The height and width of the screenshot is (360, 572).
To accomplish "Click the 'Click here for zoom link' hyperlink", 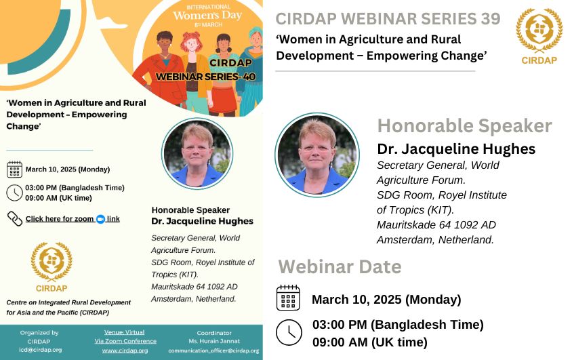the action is [73, 219].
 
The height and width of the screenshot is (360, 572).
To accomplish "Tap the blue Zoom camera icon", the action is [100, 219].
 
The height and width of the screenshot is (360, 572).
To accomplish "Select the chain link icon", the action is [15, 218].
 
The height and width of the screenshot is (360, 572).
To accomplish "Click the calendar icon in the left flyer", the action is [15, 169].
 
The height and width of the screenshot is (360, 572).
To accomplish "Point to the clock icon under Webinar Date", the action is [289, 332].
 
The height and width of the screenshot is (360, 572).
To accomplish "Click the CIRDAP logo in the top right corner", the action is [539, 37].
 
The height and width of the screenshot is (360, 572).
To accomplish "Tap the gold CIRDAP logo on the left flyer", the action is [52, 267].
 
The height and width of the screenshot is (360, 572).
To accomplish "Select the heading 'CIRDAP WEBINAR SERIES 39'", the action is [388, 19].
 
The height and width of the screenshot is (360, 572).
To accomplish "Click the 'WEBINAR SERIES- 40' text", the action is [206, 77].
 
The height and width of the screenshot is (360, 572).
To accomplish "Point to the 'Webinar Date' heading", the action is [340, 266].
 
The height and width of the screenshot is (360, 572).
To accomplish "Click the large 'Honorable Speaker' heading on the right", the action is [464, 126].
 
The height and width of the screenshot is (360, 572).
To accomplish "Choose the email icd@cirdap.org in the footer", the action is [41, 350].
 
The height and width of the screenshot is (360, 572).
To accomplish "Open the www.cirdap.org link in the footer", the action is [125, 351].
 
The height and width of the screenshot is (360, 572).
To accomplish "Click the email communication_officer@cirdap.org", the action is [213, 351].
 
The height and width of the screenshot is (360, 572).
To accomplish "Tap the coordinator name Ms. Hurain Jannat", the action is [214, 342].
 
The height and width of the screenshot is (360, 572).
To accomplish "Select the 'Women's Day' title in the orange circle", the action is [207, 16].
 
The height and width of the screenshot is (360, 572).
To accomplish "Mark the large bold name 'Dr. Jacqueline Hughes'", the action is [456, 149].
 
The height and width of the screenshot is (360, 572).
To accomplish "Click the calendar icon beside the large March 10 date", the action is [288, 298].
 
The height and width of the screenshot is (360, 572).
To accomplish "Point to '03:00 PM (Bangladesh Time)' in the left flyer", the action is [75, 188].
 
